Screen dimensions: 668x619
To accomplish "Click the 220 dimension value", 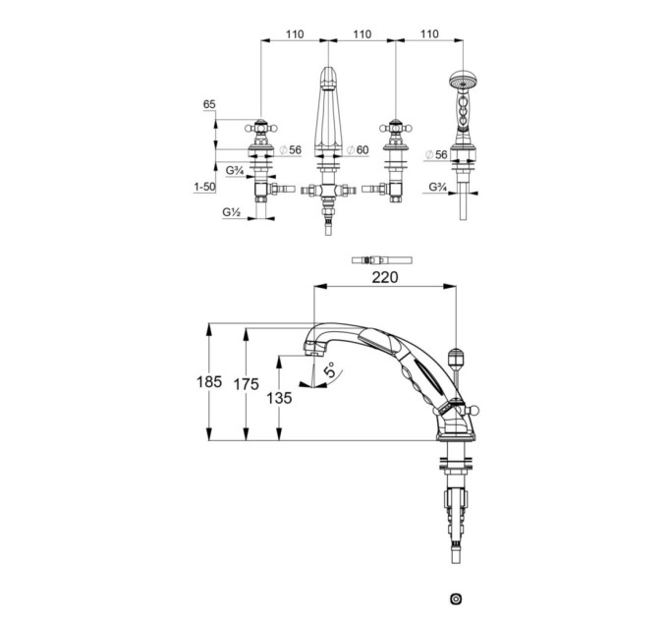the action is pos(385,277).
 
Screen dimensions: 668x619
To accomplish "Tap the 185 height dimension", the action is pos(209,381).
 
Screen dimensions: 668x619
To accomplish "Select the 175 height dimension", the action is pos(247,384).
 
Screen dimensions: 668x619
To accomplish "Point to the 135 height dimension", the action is pos(279,398).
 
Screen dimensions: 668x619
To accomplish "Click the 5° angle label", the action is pos(331,370).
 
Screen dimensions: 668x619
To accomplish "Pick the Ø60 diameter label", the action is pos(358,150).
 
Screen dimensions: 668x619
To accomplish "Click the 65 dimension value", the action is pos(209,104).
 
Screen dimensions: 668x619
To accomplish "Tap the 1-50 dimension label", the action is pos(204,187).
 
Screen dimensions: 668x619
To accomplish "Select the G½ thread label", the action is pos(231,211).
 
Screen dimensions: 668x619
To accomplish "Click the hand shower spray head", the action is pos(463,81).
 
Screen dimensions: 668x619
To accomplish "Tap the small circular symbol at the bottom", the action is pos(456,598).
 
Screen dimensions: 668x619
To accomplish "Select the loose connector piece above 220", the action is pos(382,259).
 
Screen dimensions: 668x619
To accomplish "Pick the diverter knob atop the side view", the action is pos(456,359).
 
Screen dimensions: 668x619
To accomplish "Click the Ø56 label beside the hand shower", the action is pos(437,154).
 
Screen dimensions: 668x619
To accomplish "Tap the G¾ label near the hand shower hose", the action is pos(437,187).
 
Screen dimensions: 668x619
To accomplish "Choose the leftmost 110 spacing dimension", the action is pos(295,34).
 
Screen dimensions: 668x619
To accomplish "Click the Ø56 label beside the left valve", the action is pos(290,150).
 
